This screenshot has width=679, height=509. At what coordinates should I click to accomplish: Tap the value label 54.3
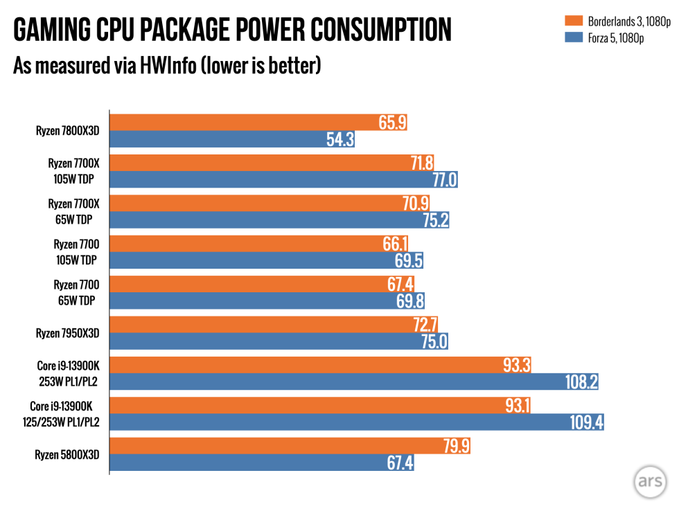click(340, 139)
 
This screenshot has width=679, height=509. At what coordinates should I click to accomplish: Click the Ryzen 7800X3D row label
click(68, 130)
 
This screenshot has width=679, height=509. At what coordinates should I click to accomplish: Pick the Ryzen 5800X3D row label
click(68, 455)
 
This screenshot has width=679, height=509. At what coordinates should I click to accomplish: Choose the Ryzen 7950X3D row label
click(68, 333)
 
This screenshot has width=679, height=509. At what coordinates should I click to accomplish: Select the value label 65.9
click(393, 123)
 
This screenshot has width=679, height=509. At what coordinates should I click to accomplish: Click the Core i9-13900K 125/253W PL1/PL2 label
click(64, 414)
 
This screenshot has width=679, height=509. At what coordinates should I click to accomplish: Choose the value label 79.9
click(456, 446)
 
